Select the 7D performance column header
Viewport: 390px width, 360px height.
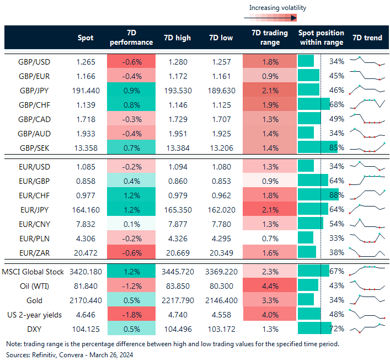131,38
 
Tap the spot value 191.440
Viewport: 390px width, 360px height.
87,89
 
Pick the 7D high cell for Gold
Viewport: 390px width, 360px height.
178,300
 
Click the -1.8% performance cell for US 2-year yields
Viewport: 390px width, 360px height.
131,315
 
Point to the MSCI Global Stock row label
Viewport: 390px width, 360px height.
33,272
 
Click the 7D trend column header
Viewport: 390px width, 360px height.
367,38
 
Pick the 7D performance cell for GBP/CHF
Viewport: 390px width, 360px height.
131,104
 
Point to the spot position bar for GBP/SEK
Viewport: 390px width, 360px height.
317,147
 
